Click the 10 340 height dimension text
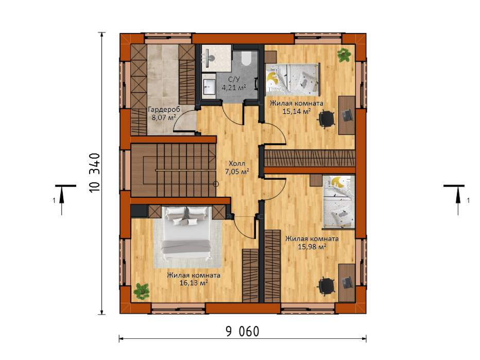point(95,173)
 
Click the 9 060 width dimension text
point(243,332)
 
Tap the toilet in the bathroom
point(246,59)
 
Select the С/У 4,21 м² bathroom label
point(234,83)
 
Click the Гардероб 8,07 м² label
point(164,113)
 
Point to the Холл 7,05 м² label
point(237,167)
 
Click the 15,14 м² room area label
point(296,111)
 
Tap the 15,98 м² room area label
point(312,246)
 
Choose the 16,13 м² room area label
point(194,283)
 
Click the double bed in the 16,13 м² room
point(186,233)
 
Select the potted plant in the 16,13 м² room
point(142,291)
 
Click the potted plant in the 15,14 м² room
point(344,55)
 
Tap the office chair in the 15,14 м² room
point(327,118)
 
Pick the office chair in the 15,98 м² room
point(327,286)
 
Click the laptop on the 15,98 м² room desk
point(347,283)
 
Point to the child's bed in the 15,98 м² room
point(338,202)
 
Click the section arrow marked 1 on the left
point(62,200)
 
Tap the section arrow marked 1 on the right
point(458,200)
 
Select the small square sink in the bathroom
point(210,86)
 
